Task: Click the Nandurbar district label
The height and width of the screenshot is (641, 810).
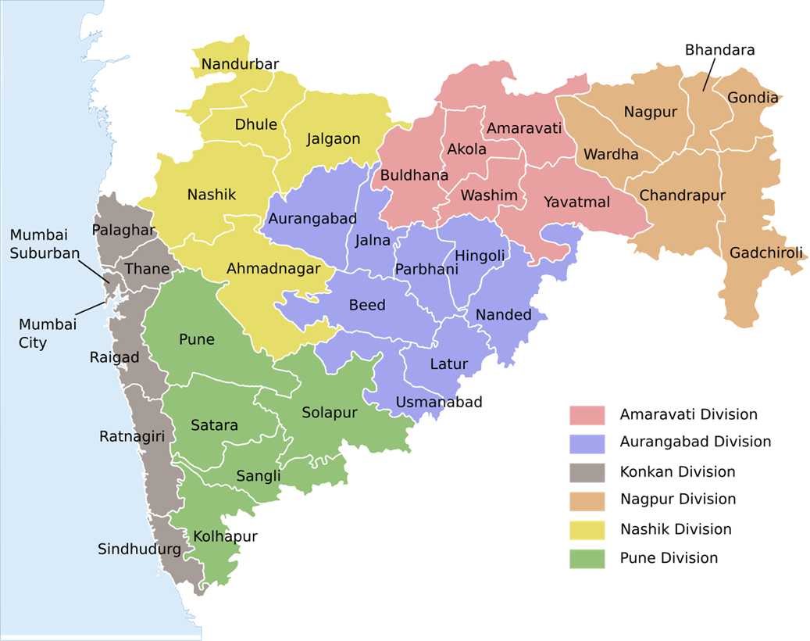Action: (240, 64)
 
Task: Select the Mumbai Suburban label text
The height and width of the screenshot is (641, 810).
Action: (45, 244)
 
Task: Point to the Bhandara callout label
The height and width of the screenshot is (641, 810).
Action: (719, 50)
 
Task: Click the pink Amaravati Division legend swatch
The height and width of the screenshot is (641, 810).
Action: (587, 415)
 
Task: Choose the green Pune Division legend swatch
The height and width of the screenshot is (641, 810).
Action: (587, 558)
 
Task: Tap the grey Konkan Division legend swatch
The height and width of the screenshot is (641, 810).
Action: (587, 472)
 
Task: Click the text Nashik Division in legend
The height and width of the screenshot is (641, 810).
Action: (676, 529)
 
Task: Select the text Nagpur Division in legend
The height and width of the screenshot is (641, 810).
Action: (677, 499)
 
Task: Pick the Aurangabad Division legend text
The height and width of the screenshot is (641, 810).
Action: (695, 442)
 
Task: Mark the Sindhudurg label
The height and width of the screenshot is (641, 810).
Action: (139, 550)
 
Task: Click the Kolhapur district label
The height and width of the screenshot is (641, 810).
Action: (225, 536)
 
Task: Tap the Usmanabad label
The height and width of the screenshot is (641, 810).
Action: (439, 403)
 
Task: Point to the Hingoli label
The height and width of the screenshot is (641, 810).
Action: (480, 256)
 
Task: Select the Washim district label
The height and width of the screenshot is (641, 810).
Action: (489, 195)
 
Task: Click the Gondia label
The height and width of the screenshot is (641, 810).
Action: (752, 98)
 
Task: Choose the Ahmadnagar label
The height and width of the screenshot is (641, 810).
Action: (273, 269)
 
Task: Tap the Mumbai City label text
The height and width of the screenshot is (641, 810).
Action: (48, 333)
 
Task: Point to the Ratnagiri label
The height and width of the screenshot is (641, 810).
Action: (132, 436)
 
